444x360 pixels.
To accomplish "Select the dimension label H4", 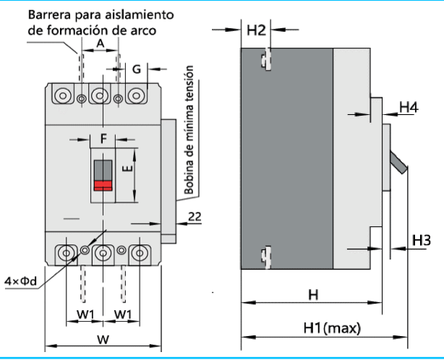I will pos(409,107).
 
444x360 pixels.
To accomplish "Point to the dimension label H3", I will pos(421,239).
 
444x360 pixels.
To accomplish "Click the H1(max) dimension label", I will pos(332,328).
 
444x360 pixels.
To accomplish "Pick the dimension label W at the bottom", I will pos(103,339).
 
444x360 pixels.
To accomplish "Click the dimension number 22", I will pos(194,216).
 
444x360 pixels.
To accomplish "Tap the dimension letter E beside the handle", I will pos(126,169).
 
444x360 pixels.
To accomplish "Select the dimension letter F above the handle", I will pos(103,137).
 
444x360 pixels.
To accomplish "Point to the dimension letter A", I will pos(100,44).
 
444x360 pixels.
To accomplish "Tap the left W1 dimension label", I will pos(86,314).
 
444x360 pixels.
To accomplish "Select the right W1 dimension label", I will pos(122,314).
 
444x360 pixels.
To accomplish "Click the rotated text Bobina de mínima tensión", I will pos(189,132).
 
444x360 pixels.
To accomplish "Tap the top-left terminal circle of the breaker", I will pos(63,95).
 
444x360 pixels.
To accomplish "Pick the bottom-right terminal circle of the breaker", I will pos(139,254).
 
